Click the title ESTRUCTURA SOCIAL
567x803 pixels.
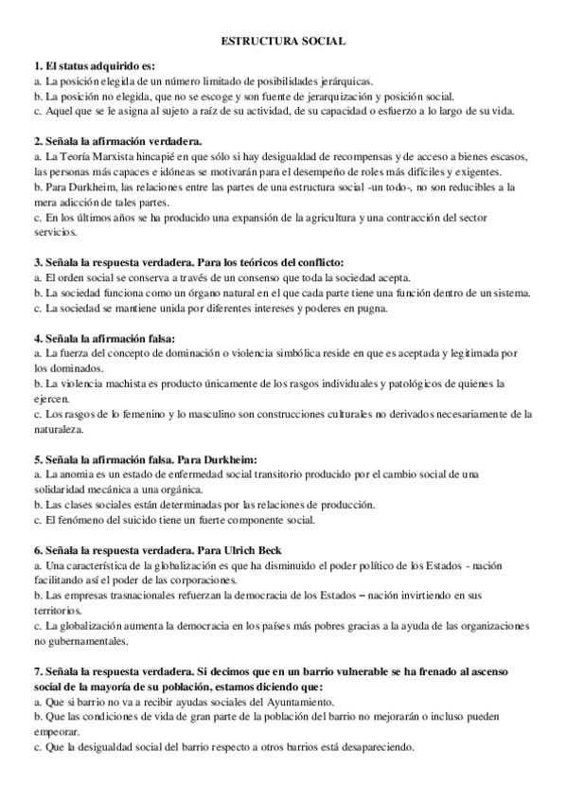tap(283, 42)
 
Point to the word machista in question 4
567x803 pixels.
tap(111, 384)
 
